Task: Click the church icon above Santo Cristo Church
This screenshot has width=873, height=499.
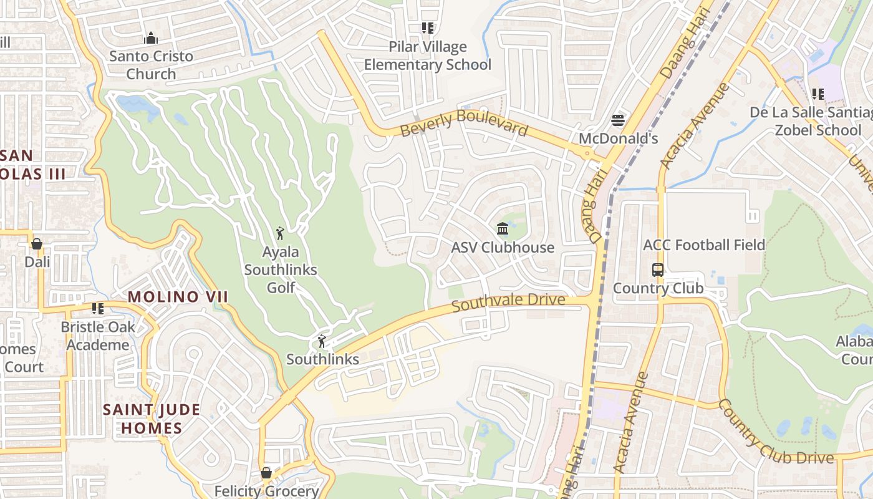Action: pos(151,39)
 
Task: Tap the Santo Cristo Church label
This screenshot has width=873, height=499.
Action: pos(151,65)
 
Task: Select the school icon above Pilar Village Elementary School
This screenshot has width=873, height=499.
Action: pos(427,28)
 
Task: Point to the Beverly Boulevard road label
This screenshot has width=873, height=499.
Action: pos(464,123)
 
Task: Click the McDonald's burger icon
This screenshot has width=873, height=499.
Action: pos(618,120)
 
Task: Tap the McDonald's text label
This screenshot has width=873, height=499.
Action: pos(618,138)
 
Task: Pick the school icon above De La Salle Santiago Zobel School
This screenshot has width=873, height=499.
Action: pos(818,94)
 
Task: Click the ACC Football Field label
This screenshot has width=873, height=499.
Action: pos(703,245)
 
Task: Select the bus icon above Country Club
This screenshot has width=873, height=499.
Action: pos(658,270)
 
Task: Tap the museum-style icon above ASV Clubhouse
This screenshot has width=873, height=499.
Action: pos(503,230)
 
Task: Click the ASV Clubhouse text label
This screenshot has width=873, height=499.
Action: pos(503,248)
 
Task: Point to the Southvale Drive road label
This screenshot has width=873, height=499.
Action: pos(508,303)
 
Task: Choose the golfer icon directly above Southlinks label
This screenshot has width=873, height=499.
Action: pos(322,341)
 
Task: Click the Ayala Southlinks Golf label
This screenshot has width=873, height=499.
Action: pos(281,269)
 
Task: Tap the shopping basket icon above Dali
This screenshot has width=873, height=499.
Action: pos(37,243)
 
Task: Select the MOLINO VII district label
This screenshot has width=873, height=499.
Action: pos(178,297)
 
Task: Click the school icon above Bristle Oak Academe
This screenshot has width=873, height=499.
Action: pos(98,309)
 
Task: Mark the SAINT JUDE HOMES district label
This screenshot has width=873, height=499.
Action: pos(152,419)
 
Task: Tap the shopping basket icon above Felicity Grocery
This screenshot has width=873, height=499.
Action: pos(266,473)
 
